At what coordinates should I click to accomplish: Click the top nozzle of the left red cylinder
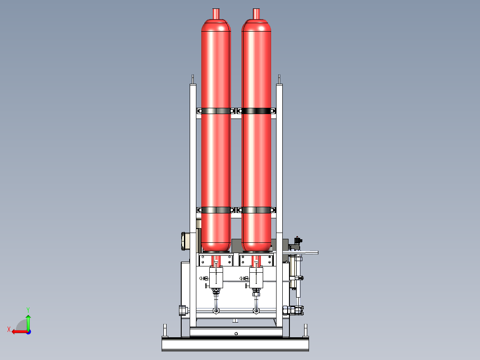tap(216, 13)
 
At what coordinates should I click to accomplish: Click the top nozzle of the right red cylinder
tap(256, 13)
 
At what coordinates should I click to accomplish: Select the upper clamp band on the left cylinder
tap(216, 110)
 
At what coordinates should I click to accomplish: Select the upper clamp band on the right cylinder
tap(257, 110)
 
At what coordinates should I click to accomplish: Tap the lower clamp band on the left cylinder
tap(216, 210)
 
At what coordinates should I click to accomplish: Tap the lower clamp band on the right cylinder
tap(257, 210)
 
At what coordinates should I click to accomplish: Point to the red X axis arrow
tap(18, 331)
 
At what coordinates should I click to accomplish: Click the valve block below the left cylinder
tap(216, 277)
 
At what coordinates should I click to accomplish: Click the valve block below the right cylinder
tap(256, 277)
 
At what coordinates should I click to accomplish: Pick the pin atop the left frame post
tap(192, 79)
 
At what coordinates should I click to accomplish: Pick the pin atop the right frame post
tap(279, 79)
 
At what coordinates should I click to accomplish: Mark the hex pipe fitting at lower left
tap(182, 310)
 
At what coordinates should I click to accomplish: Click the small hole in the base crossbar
tap(236, 333)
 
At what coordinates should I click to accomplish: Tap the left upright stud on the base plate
tap(165, 331)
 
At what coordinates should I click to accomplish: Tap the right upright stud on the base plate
tap(306, 331)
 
